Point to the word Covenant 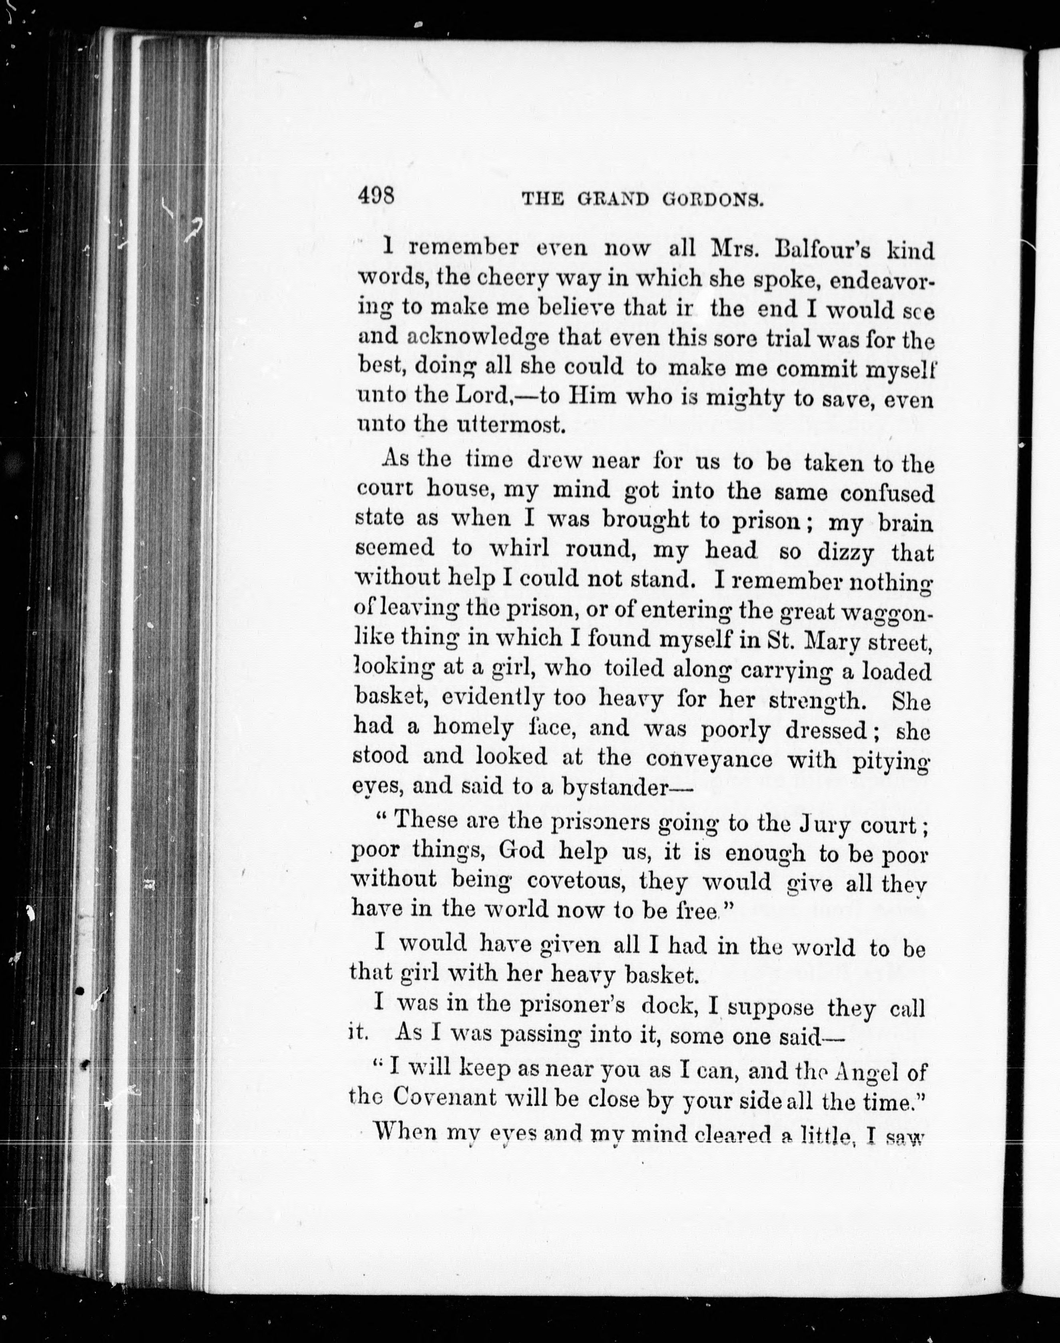[444, 1098]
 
